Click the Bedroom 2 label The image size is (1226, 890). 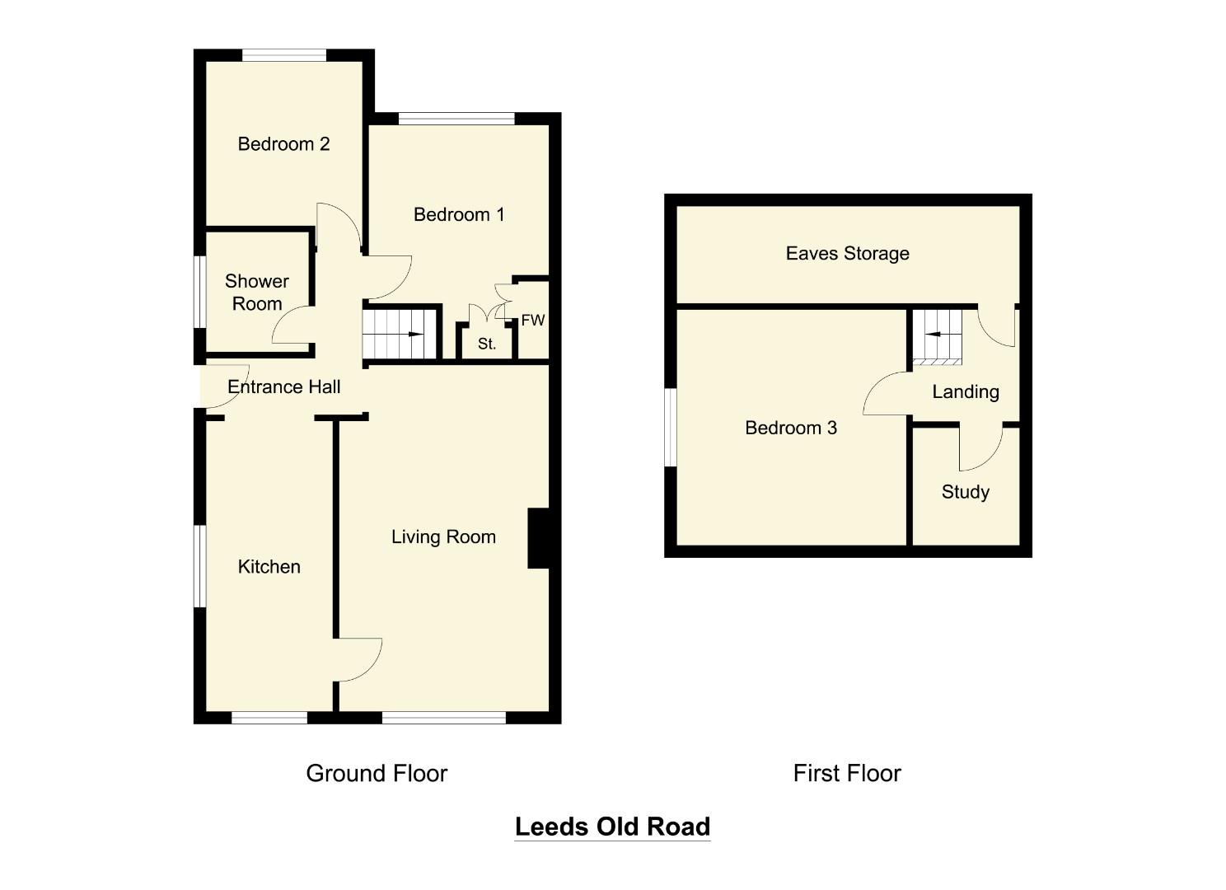click(283, 144)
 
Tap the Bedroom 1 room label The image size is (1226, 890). click(459, 215)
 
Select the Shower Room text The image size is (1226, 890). click(257, 293)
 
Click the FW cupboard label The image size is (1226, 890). click(532, 321)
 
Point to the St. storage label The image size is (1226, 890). click(487, 344)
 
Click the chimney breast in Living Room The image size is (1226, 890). click(538, 538)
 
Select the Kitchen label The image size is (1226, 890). click(269, 567)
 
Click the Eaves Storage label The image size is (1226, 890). click(847, 254)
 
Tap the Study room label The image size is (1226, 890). click(965, 492)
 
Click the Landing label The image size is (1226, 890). click(966, 392)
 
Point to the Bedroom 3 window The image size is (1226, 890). click(671, 427)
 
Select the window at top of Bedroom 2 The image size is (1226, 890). click(284, 55)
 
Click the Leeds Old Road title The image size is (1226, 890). click(612, 827)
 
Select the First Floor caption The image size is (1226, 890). click(847, 773)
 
